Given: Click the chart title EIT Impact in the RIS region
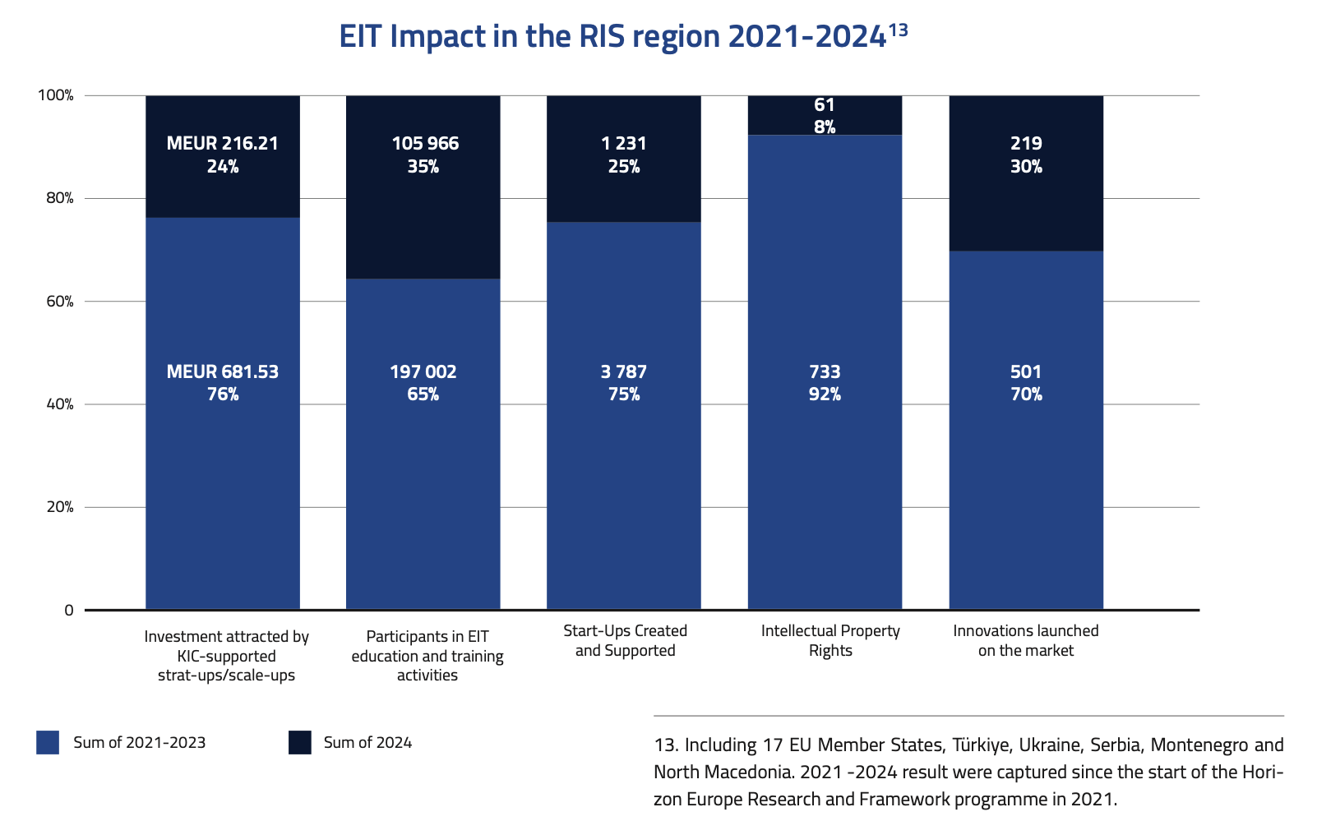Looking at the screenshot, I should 612,37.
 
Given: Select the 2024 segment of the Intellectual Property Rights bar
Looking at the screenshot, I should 825,116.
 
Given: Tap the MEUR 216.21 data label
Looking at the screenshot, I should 222,144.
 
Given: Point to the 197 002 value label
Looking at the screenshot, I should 423,372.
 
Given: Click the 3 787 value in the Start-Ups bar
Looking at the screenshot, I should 623,372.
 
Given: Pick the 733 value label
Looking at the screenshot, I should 825,372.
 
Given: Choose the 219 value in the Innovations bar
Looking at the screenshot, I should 1026,144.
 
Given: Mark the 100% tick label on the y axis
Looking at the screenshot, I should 56,95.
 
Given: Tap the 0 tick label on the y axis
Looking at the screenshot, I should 69,611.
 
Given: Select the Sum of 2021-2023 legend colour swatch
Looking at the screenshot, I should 48,743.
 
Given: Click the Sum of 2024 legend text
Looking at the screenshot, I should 367,743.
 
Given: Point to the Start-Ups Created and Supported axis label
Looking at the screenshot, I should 625,641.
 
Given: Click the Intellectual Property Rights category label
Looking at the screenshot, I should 830,641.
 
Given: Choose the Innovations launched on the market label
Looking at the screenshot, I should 1026,641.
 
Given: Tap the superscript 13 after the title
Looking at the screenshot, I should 898,30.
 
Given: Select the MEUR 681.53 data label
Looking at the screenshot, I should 222,372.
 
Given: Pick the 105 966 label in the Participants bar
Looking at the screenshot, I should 425,144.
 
